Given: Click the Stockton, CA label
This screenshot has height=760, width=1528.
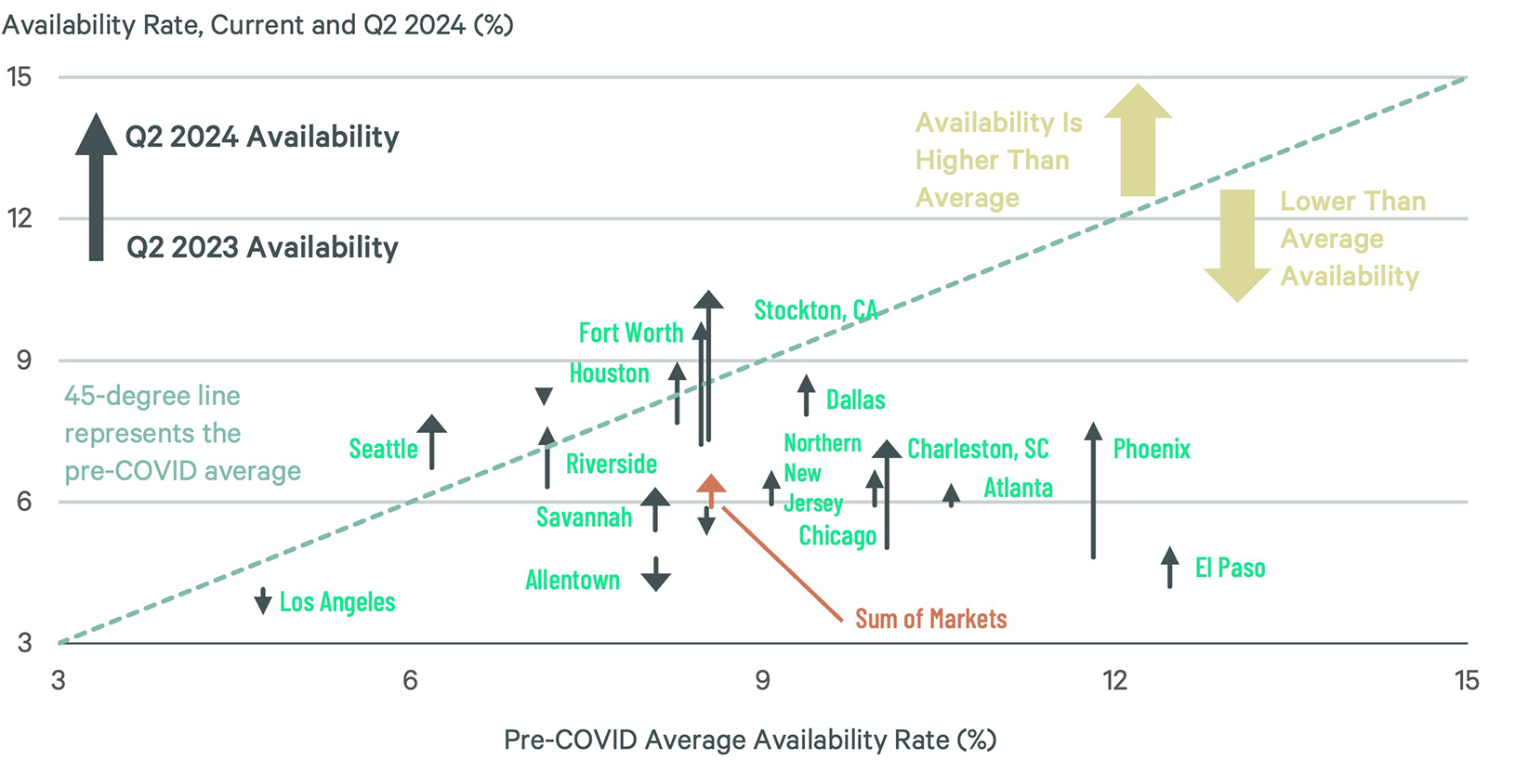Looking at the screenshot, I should [x=814, y=310].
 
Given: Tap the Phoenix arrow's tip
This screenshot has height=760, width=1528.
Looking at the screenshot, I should [x=1093, y=431].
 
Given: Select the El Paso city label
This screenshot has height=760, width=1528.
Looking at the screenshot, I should [x=1229, y=568].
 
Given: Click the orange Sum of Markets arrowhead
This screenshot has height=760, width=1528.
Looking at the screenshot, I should [x=711, y=484].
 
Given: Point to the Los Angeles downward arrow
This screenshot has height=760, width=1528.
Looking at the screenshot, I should [x=263, y=600].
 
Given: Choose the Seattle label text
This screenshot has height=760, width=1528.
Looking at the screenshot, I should [x=383, y=449].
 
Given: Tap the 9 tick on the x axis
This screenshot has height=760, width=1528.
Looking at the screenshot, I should [x=762, y=681].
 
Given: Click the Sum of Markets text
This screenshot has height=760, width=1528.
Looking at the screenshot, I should [x=930, y=619].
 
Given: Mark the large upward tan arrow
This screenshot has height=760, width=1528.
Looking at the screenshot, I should [x=1138, y=139].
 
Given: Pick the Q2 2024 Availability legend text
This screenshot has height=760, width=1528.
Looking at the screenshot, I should [x=262, y=137].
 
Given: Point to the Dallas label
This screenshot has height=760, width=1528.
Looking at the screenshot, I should [x=855, y=400].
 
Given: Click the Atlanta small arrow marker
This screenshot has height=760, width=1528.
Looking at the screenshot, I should [x=951, y=494].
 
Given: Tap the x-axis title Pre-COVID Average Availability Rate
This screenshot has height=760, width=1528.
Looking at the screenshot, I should [x=749, y=740].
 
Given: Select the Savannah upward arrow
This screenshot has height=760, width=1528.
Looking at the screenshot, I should [x=655, y=507].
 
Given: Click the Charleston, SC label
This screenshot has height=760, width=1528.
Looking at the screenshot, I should [x=977, y=450].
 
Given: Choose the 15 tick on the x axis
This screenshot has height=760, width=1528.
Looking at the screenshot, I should [x=1466, y=681].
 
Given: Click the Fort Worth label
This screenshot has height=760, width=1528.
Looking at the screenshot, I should [x=630, y=333].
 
